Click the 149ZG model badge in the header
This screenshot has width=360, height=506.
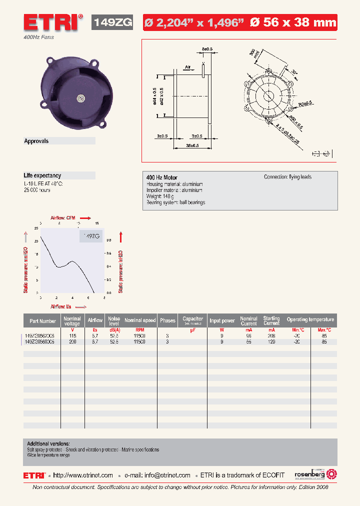[x=112, y=22]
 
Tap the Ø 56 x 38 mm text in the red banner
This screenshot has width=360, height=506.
[x=293, y=22]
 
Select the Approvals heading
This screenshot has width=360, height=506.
[x=36, y=141]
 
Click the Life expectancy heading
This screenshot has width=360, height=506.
[x=42, y=175]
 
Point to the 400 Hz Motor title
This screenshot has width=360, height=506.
[x=161, y=177]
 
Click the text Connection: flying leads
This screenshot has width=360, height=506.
[x=287, y=177]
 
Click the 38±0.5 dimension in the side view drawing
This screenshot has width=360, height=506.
[x=192, y=145]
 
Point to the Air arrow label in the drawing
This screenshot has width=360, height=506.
[x=188, y=66]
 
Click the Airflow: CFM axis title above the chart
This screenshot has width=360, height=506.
[x=63, y=217]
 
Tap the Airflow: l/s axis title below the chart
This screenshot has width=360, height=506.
[x=61, y=306]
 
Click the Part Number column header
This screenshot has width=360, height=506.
[x=42, y=321]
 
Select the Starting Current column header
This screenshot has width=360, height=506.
[x=271, y=320]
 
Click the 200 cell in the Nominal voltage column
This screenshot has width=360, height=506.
[x=72, y=342]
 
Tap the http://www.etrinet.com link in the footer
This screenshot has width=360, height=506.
[x=83, y=475]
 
